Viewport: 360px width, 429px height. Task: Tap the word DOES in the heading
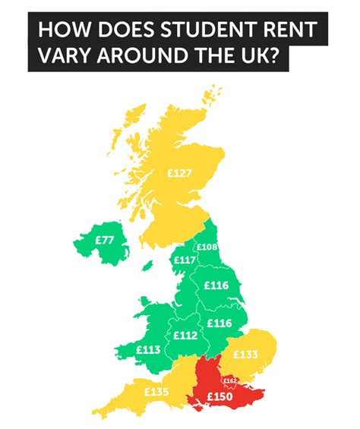(120, 30)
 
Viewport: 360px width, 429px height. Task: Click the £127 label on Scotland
(179, 172)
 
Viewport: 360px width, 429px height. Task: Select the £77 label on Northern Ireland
(106, 240)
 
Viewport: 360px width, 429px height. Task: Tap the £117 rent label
(185, 260)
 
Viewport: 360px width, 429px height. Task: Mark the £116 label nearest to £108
(216, 285)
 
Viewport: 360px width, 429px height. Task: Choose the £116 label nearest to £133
(219, 323)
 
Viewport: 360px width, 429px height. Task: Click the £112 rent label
(185, 335)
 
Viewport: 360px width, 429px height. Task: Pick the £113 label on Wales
(148, 350)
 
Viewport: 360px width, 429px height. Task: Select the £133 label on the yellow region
(246, 354)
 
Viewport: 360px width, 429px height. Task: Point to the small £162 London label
(231, 380)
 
